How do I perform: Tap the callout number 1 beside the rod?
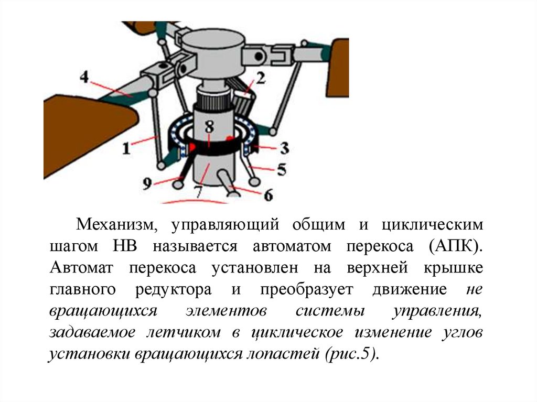126,149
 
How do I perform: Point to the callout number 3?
284,148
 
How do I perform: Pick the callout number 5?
282,170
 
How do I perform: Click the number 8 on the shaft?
209,126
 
